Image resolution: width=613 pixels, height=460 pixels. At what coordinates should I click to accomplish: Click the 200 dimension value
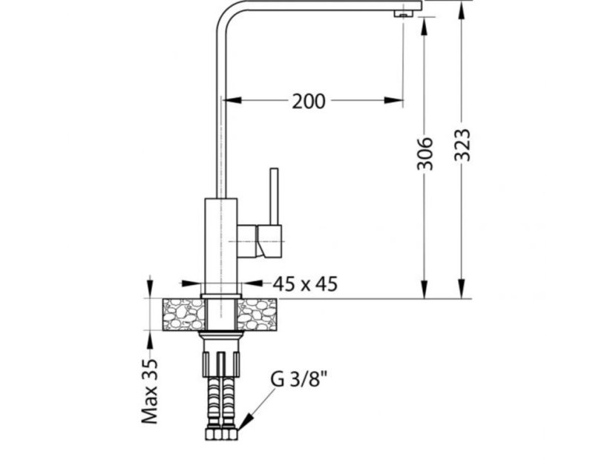[308, 101]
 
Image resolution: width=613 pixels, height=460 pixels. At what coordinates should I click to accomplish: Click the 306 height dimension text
[424, 153]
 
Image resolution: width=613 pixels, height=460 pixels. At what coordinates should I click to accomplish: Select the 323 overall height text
[463, 145]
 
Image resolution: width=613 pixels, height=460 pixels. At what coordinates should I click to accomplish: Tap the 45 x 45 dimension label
[304, 283]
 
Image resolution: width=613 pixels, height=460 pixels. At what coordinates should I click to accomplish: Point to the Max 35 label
[151, 391]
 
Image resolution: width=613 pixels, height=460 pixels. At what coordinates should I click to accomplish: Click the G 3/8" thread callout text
[299, 378]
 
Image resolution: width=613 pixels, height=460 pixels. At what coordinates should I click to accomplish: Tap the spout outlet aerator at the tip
[401, 13]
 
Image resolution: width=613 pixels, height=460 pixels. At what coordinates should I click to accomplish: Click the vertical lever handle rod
[274, 197]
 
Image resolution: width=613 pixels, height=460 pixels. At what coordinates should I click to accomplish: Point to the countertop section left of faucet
[183, 315]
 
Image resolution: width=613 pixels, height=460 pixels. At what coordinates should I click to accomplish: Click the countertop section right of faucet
[257, 315]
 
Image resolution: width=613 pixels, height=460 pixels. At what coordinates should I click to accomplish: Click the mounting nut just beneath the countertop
[221, 337]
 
